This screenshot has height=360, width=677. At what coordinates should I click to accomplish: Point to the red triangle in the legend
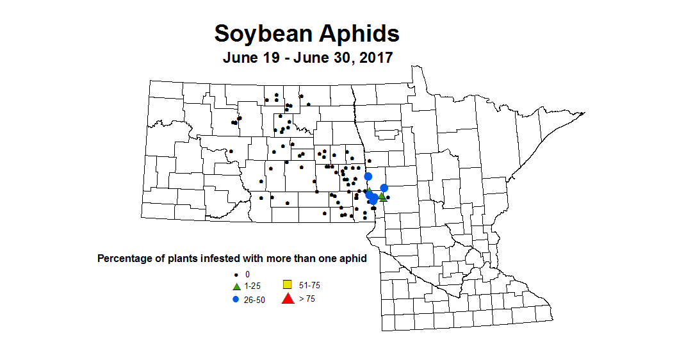(288, 298)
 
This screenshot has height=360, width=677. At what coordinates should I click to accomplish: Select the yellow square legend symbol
(288, 284)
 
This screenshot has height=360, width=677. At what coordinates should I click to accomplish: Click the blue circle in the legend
(236, 299)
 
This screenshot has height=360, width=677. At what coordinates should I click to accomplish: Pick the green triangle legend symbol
(236, 286)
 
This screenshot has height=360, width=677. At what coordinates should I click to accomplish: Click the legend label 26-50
(255, 299)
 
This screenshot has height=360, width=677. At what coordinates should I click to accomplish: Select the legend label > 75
(307, 299)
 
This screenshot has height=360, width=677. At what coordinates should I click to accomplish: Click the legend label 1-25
(252, 286)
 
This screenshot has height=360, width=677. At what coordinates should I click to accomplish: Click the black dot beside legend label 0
(236, 274)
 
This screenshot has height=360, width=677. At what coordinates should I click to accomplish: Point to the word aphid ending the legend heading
(354, 259)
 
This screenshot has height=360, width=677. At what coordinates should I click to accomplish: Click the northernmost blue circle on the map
(368, 176)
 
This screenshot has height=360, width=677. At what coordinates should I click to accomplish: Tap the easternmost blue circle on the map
(384, 188)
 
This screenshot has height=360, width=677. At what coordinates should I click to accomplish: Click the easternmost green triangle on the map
(382, 197)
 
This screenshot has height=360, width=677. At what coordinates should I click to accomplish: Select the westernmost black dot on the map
(231, 151)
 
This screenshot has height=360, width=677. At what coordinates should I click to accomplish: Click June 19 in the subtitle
(250, 58)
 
